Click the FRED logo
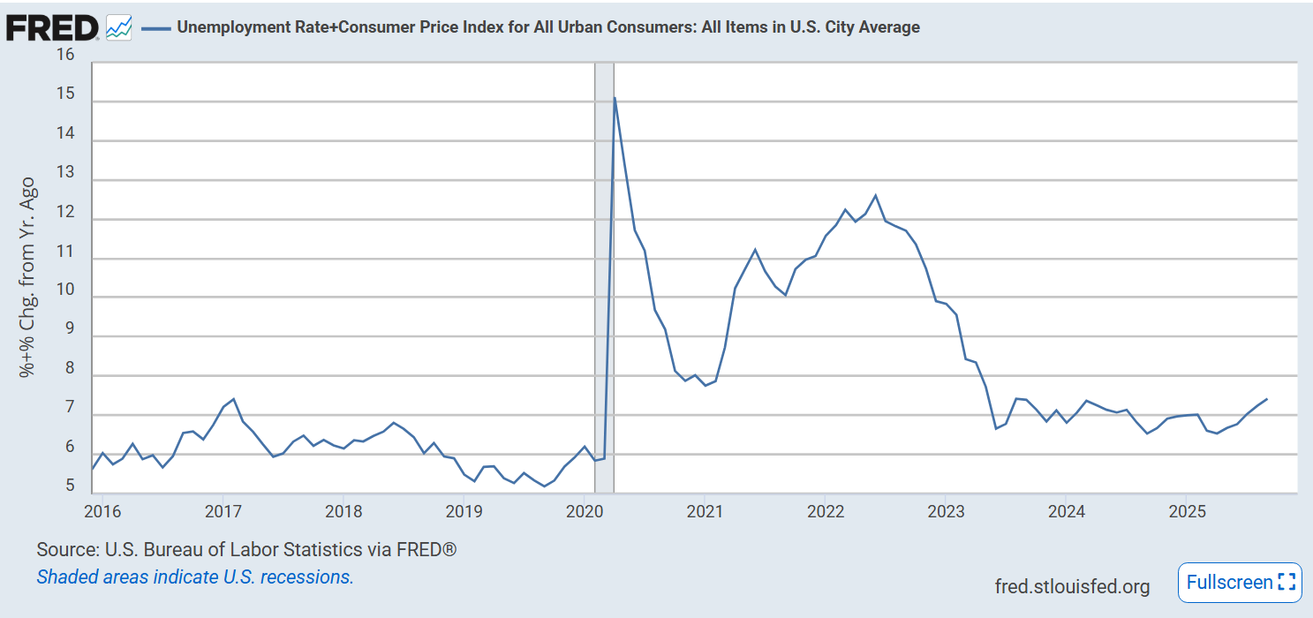click(51, 27)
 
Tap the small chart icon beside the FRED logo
click(118, 27)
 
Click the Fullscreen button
click(1239, 583)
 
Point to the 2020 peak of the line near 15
click(615, 97)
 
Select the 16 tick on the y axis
click(65, 54)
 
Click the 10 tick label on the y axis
click(65, 290)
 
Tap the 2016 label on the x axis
click(102, 511)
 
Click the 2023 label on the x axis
click(946, 511)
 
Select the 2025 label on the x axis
click(1187, 511)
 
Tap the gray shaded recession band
click(604, 265)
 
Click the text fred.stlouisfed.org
click(1072, 587)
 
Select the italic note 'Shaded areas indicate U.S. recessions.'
click(194, 577)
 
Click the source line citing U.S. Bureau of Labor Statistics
click(246, 550)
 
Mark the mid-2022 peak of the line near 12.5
click(875, 195)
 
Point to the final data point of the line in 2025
click(1267, 399)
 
